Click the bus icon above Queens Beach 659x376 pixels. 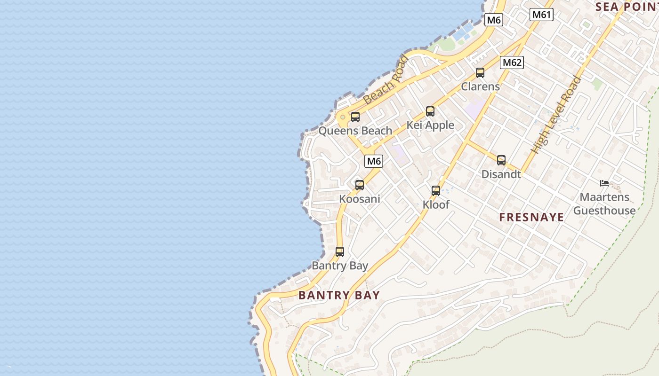(355, 117)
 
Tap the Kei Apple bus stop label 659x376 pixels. (430, 125)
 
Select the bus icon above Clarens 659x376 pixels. (480, 73)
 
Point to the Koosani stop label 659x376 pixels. (360, 199)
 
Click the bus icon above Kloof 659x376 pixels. (436, 191)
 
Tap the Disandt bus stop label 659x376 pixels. (501, 174)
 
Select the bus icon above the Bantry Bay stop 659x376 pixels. (340, 252)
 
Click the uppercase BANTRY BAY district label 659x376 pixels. (339, 295)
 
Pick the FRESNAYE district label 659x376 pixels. (531, 217)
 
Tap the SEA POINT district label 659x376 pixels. (626, 7)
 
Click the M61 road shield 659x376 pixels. (541, 15)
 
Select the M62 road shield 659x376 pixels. (512, 63)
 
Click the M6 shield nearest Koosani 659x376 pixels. (374, 161)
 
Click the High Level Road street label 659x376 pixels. (555, 115)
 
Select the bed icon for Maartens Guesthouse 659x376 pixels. (604, 183)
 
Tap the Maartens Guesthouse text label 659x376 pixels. (604, 204)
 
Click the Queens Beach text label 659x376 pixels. (355, 131)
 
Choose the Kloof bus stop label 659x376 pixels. (436, 205)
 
